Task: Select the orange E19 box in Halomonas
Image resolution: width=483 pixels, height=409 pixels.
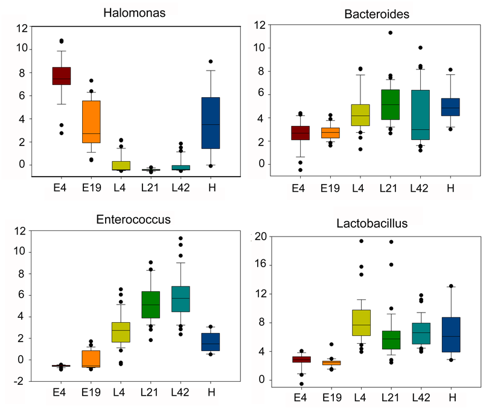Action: (x=91, y=122)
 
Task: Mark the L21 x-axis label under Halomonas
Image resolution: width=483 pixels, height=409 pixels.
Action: (x=150, y=188)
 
